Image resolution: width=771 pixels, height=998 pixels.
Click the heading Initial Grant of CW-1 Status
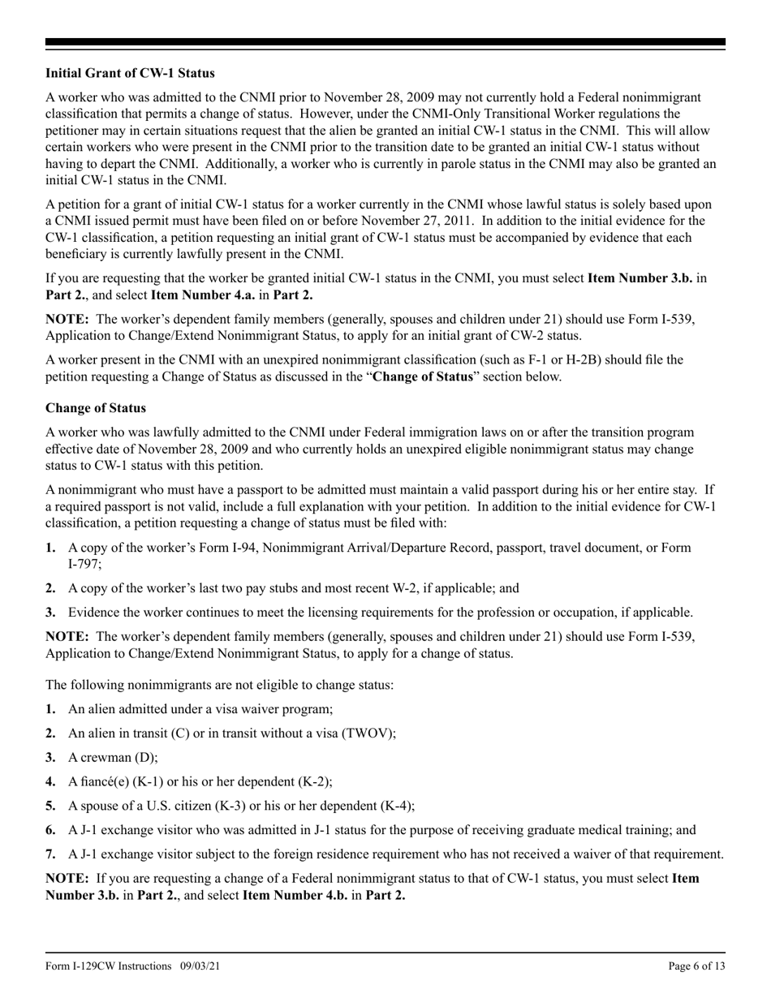click(130, 73)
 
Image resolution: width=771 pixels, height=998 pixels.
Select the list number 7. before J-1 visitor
click(50, 854)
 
